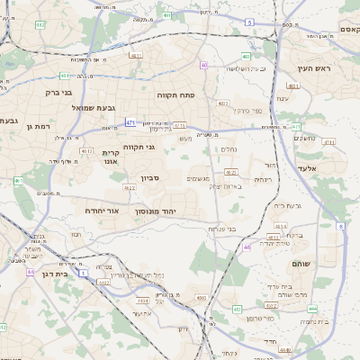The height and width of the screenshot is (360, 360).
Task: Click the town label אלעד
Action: coord(308,181)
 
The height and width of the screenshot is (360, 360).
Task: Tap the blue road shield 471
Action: coord(130,121)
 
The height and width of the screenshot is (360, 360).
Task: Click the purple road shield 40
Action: coord(204,65)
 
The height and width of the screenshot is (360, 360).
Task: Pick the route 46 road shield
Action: coord(247,246)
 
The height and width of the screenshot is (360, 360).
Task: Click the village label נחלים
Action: coord(229,149)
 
